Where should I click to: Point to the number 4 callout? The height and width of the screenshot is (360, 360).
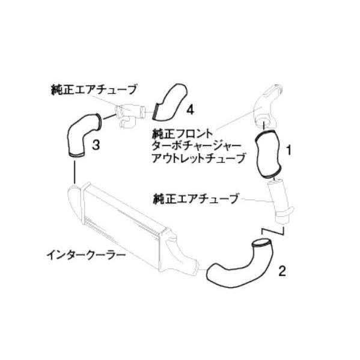189,109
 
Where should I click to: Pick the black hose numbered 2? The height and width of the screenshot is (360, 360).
236,263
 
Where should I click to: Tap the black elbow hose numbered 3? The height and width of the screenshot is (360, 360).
78,135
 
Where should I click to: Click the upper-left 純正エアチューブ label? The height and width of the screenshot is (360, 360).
94,90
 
